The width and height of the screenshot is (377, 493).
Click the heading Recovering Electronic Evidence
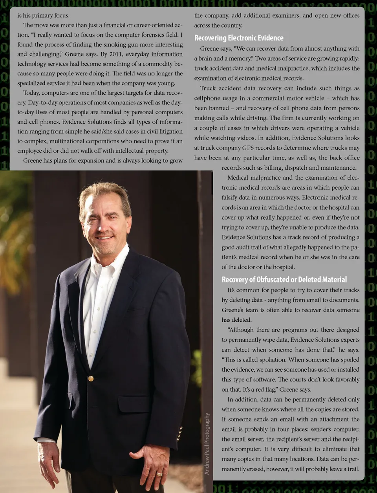click(239, 38)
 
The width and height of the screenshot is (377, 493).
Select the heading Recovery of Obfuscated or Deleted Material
click(284, 280)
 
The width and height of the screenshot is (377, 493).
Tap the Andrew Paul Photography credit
click(207, 444)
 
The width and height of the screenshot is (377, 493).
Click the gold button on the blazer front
click(91, 378)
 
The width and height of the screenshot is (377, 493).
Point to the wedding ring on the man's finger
click(159, 474)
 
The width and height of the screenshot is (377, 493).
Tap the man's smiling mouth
click(105, 238)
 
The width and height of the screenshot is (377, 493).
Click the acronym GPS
click(248, 148)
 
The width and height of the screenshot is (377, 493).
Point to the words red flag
click(264, 390)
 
